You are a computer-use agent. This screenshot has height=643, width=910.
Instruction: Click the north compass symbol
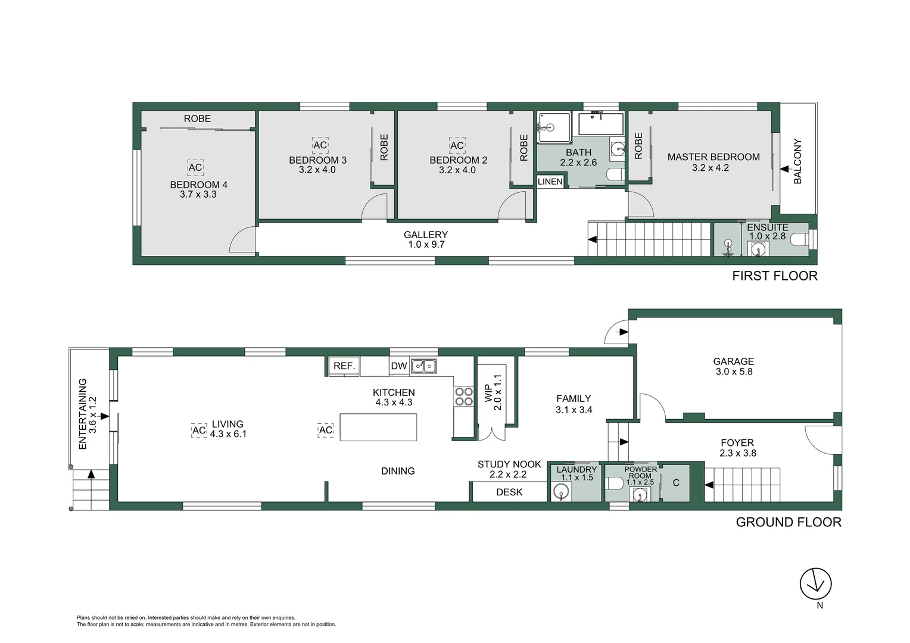[815, 583]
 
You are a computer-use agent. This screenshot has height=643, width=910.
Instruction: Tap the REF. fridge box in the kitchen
[344, 366]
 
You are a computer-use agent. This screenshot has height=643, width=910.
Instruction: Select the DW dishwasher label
[399, 366]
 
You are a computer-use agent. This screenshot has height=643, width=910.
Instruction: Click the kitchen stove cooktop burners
[464, 397]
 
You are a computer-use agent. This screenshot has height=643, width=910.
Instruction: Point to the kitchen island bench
[378, 427]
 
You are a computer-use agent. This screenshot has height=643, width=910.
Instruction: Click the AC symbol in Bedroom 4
[195, 167]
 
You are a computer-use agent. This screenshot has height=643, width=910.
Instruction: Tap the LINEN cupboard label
[550, 182]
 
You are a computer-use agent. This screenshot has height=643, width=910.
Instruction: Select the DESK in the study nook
[509, 492]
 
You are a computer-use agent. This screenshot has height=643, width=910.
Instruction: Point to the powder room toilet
[613, 483]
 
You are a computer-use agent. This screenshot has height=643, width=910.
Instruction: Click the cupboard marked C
[676, 483]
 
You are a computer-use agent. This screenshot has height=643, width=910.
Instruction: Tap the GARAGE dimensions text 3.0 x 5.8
[734, 372]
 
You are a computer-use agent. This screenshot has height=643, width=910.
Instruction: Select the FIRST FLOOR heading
[774, 276]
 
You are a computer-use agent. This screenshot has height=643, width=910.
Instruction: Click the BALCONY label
[797, 161]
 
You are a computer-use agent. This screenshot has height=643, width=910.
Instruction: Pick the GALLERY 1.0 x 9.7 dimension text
[426, 245]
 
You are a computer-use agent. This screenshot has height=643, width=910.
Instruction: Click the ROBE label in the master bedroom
[638, 146]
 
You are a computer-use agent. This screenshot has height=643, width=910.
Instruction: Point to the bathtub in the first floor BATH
[600, 124]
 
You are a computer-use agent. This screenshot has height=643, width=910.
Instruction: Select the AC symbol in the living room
[199, 430]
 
